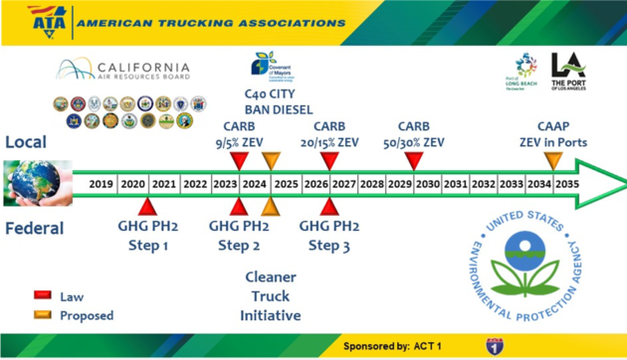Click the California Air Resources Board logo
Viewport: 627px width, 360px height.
pos(123,70)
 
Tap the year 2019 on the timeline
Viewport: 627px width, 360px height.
pos(101,184)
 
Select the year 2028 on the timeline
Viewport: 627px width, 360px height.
pos(372,184)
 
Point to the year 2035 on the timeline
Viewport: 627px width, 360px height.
pos(566,184)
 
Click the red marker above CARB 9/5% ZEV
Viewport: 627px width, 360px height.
pos(238,160)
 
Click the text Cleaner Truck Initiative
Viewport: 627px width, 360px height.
pos(271,294)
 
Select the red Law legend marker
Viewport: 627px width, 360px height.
pos(43,295)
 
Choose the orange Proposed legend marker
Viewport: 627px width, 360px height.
pos(43,315)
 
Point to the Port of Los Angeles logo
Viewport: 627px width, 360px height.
pos(569,72)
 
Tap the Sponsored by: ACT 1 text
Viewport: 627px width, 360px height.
pos(393,346)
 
